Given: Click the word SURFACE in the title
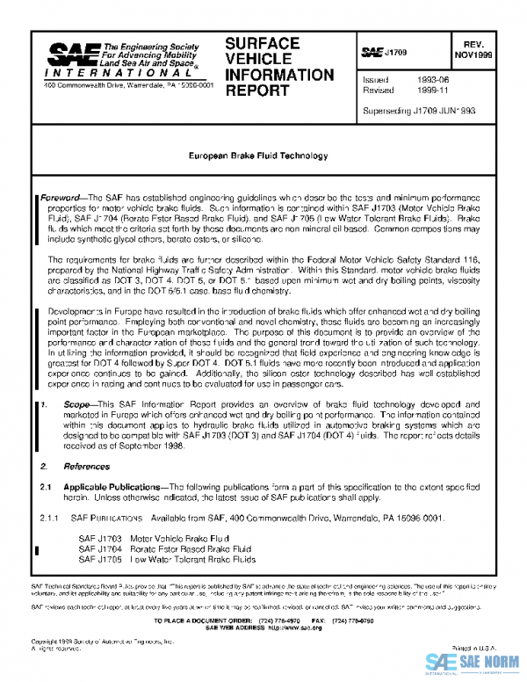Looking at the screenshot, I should pos(263,43).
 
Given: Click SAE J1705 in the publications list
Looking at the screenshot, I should pos(99,558).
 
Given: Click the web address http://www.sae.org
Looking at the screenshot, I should pos(291,629).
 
